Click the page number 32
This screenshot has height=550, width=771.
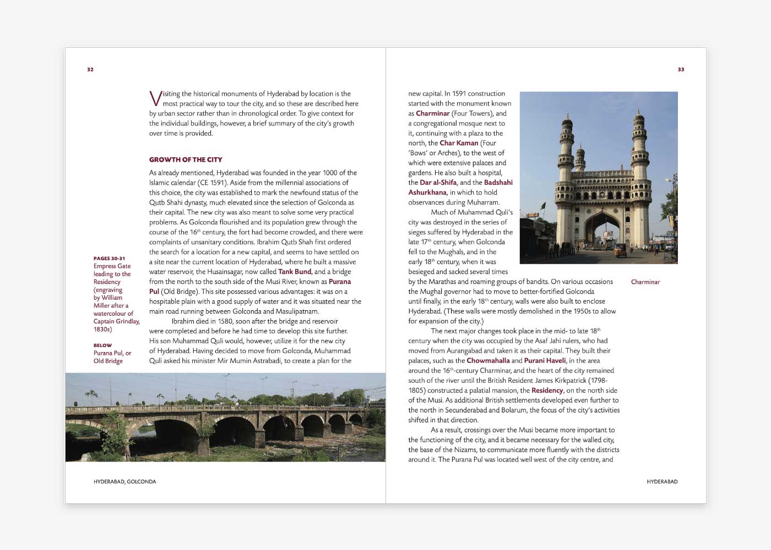90,69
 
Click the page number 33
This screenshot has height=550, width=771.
681,69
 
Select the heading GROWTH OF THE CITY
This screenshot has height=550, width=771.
186,159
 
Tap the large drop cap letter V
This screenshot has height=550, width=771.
155,98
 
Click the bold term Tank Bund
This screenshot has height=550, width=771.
295,272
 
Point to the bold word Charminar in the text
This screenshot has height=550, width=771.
433,113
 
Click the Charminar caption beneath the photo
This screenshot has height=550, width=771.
645,282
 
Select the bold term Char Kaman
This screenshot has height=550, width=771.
459,143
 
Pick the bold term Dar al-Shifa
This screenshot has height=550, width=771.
438,183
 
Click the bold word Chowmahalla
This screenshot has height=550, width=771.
488,361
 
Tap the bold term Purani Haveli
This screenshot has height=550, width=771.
545,361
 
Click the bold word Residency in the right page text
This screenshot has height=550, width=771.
547,391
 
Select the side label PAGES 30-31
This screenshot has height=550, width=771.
109,258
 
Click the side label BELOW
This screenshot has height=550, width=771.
102,345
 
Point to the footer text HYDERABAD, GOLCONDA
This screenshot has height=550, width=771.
124,481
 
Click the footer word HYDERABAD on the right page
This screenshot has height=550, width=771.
662,481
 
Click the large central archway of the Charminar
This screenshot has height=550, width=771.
601,231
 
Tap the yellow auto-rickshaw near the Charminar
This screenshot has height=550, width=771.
620,250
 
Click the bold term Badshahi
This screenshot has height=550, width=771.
498,183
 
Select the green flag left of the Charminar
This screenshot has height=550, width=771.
542,206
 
